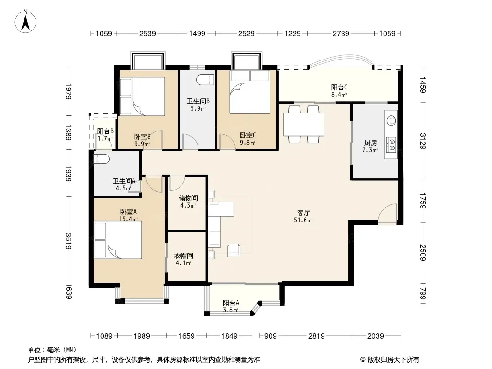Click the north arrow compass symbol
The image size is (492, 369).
click(x=25, y=21)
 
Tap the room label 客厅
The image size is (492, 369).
click(x=303, y=213)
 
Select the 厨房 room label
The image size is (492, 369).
click(x=370, y=143)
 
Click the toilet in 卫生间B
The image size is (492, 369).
click(x=205, y=80)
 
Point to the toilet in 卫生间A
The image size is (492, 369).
click(x=102, y=159)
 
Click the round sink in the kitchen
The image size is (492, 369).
click(x=391, y=120)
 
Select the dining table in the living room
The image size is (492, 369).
click(x=304, y=125)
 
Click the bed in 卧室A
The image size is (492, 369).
click(x=118, y=240)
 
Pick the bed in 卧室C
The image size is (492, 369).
click(x=250, y=92)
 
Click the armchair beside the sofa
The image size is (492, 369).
click(x=234, y=250)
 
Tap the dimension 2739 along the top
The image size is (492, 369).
click(x=341, y=33)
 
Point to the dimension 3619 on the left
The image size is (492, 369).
click(x=69, y=241)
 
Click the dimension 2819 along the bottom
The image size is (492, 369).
click(x=316, y=336)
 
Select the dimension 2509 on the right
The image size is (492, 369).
click(x=423, y=253)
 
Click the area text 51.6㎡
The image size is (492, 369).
click(x=303, y=220)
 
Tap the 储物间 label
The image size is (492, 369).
click(x=188, y=198)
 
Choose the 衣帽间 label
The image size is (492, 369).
click(x=184, y=256)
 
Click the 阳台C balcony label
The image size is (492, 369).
click(x=339, y=88)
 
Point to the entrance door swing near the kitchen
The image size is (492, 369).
click(x=387, y=213)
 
